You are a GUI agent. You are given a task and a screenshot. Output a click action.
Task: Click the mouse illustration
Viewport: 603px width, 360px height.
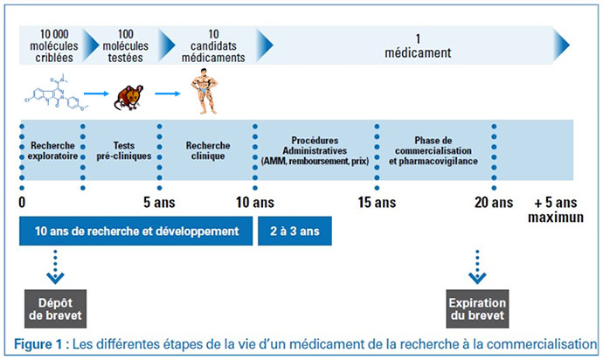[128, 98]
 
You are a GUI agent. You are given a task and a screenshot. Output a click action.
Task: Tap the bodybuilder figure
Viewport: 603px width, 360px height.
[204, 91]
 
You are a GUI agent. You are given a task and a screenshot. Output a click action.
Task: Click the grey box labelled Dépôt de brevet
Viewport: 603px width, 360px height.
[55, 308]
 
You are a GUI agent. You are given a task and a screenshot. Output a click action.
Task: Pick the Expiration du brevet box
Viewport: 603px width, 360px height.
[477, 308]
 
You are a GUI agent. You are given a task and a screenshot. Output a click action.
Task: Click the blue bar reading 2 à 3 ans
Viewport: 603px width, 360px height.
[295, 231]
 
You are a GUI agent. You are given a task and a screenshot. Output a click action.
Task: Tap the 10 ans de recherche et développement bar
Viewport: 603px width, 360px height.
[136, 231]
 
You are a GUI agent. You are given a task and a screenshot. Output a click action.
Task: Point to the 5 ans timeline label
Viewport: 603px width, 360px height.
[159, 203]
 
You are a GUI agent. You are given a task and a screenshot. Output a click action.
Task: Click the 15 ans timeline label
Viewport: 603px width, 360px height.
[377, 203]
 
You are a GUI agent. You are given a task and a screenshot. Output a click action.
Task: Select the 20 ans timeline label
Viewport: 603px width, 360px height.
[494, 203]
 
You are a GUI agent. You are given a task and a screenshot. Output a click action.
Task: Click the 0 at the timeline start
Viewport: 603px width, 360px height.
[22, 203]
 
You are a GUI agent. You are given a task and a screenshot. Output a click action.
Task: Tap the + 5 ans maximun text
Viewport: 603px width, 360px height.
[556, 210]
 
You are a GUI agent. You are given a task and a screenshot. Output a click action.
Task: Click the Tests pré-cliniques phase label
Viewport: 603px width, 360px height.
[124, 151]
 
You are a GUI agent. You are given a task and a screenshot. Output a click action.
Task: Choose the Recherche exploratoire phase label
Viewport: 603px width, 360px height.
[52, 151]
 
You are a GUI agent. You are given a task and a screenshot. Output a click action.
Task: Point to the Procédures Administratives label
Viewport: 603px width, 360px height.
[315, 145]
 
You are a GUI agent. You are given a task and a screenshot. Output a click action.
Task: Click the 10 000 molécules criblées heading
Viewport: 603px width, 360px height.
[54, 45]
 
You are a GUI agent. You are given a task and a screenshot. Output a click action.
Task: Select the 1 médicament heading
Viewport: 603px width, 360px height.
[418, 45]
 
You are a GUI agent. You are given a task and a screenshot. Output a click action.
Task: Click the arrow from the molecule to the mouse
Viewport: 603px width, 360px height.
[96, 93]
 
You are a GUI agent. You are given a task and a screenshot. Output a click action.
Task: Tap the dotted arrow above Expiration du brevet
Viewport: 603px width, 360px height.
[477, 267]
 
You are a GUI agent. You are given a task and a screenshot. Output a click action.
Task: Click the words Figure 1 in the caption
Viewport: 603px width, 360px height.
[38, 344]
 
